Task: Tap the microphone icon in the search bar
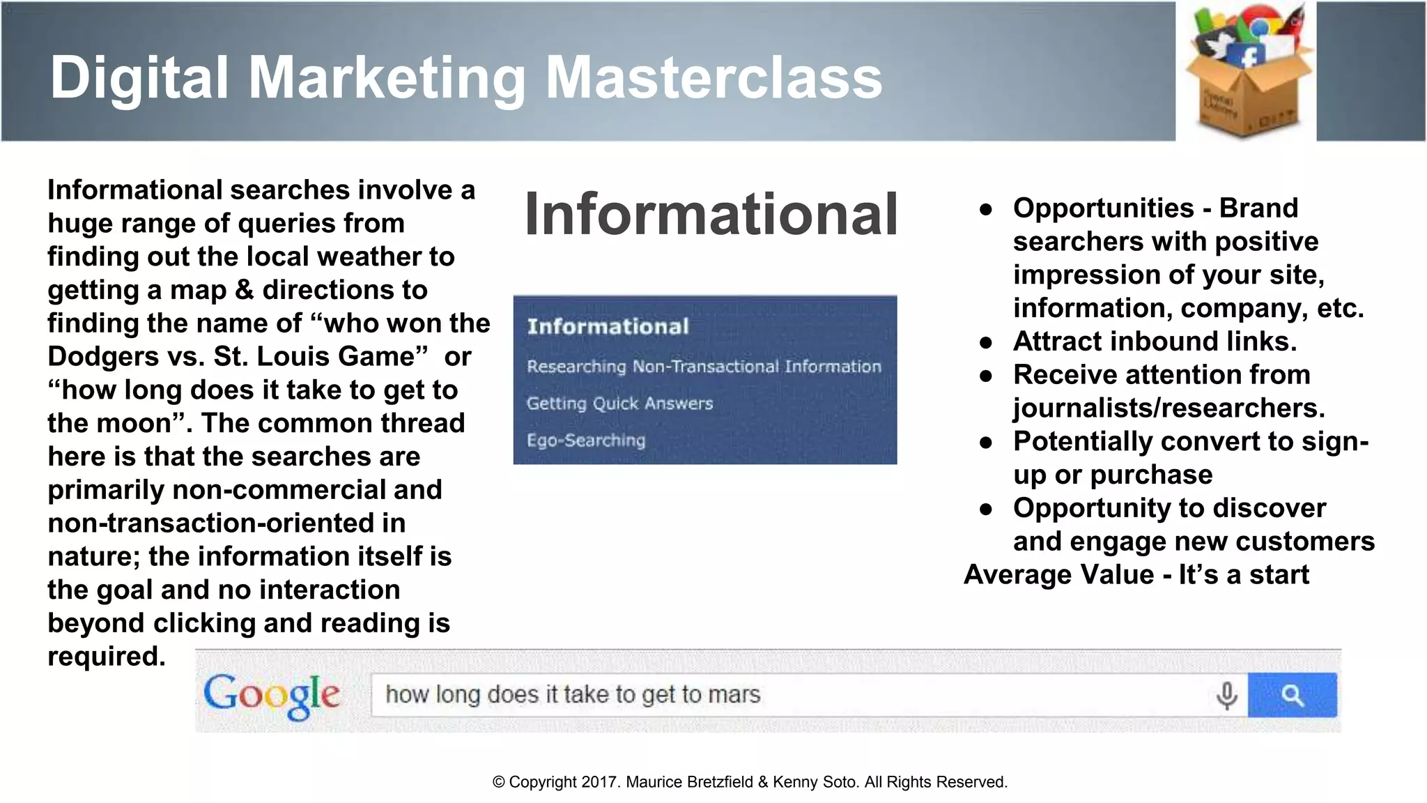[x=1226, y=695]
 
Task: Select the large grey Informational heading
[x=711, y=214]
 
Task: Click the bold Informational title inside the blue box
[x=608, y=326]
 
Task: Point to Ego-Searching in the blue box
[x=585, y=441]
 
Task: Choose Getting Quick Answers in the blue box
[x=619, y=404]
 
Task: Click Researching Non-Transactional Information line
[x=704, y=367]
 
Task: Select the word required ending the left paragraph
[x=106, y=657]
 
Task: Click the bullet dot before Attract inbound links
[x=985, y=342]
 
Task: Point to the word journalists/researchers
[x=1168, y=408]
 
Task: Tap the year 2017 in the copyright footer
[x=600, y=782]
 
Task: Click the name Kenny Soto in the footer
[x=815, y=782]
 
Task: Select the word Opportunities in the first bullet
[x=1103, y=208]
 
